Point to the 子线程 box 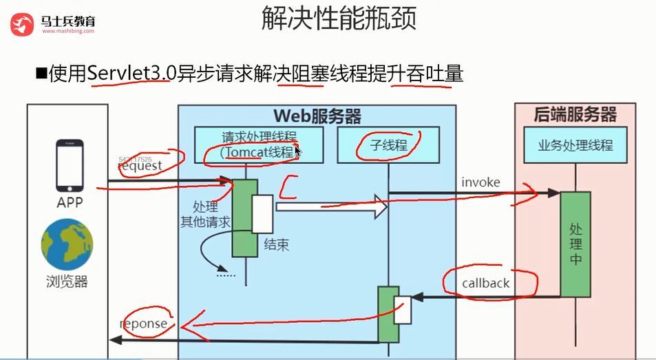pos(388,145)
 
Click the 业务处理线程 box pos(575,145)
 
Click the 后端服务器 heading pos(575,114)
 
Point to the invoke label pos(481,182)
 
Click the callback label pos(486,283)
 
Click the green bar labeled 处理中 pos(575,244)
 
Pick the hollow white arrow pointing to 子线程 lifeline pos(331,206)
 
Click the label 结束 pos(277,244)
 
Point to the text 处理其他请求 pos(205,214)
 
